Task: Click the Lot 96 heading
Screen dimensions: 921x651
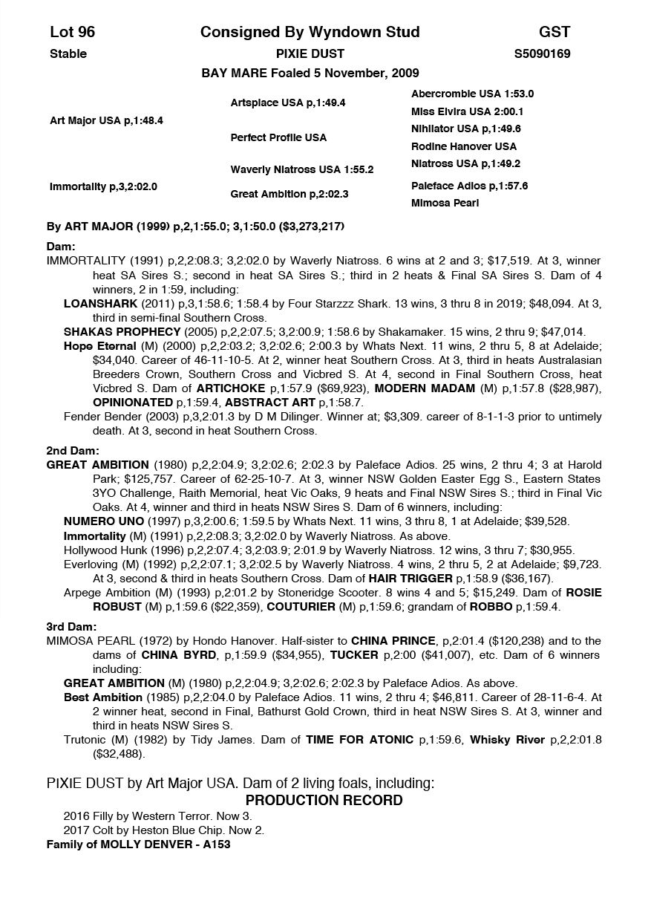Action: pyautogui.click(x=73, y=32)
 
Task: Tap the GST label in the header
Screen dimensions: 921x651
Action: pyautogui.click(x=555, y=32)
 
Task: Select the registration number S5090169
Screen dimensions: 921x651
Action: pyautogui.click(x=542, y=53)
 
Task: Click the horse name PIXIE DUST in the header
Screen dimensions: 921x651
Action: pyautogui.click(x=310, y=53)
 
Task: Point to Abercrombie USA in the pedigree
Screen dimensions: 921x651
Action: pyautogui.click(x=472, y=94)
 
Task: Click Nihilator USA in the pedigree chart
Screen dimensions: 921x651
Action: pyautogui.click(x=466, y=128)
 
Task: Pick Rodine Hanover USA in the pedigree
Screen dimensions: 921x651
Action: pyautogui.click(x=464, y=146)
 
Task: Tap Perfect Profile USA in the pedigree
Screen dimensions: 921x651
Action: pyautogui.click(x=278, y=137)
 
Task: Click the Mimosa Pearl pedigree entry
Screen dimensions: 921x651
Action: pyautogui.click(x=445, y=203)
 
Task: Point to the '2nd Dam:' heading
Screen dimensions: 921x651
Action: pyautogui.click(x=73, y=451)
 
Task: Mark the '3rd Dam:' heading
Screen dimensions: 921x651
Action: pyautogui.click(x=72, y=627)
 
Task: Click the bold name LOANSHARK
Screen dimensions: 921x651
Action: pyautogui.click(x=100, y=304)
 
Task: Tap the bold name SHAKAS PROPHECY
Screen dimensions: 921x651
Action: pyautogui.click(x=122, y=331)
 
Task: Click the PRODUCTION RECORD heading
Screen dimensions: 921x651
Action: pyautogui.click(x=324, y=800)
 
